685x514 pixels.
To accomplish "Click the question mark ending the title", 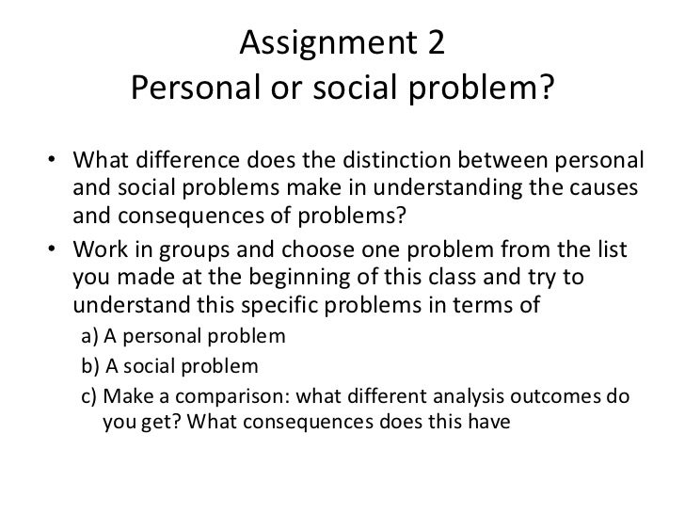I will pyautogui.click(x=550, y=90).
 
